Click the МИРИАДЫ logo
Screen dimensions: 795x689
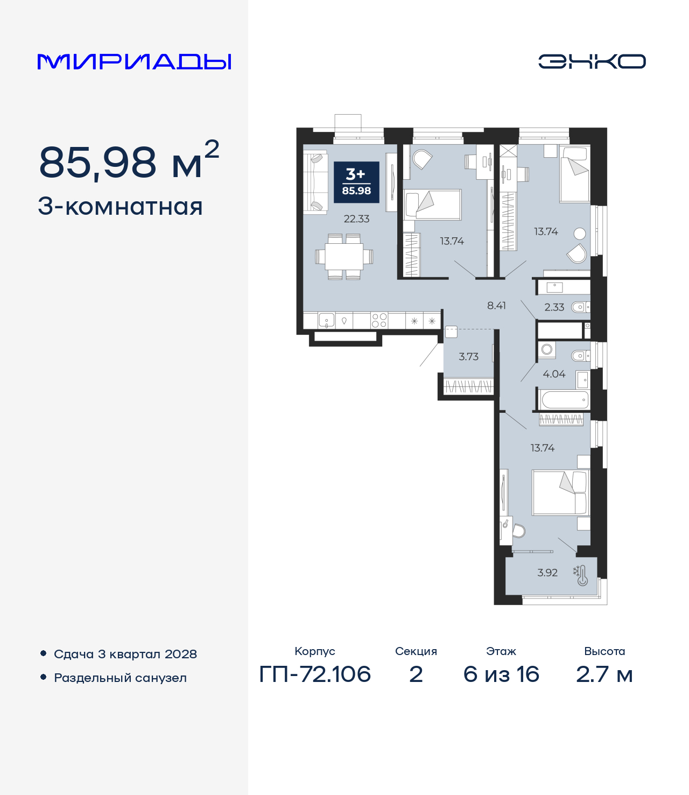click(x=134, y=61)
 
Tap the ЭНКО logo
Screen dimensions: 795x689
click(x=592, y=61)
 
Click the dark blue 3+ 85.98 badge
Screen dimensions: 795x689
click(x=356, y=182)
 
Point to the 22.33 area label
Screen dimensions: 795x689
click(x=356, y=219)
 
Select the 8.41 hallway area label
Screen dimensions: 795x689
click(x=496, y=305)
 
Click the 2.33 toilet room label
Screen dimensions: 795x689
click(x=554, y=307)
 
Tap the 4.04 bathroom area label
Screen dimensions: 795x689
click(x=554, y=374)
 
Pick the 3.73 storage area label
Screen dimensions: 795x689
click(x=468, y=356)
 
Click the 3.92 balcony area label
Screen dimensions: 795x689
click(x=547, y=573)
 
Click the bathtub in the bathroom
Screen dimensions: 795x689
click(x=565, y=400)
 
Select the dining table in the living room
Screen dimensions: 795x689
click(x=344, y=257)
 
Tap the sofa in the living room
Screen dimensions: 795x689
click(x=315, y=182)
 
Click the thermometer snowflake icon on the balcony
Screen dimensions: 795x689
click(x=580, y=575)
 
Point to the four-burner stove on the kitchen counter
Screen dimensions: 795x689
click(x=379, y=321)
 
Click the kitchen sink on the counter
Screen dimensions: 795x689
click(x=327, y=321)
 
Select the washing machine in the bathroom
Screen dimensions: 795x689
click(x=547, y=350)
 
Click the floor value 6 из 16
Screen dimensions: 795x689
click(x=501, y=674)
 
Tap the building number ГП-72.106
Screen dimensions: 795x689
click(x=315, y=674)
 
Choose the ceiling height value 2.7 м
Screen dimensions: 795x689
click(x=604, y=674)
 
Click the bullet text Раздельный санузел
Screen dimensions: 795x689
click(x=120, y=678)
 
